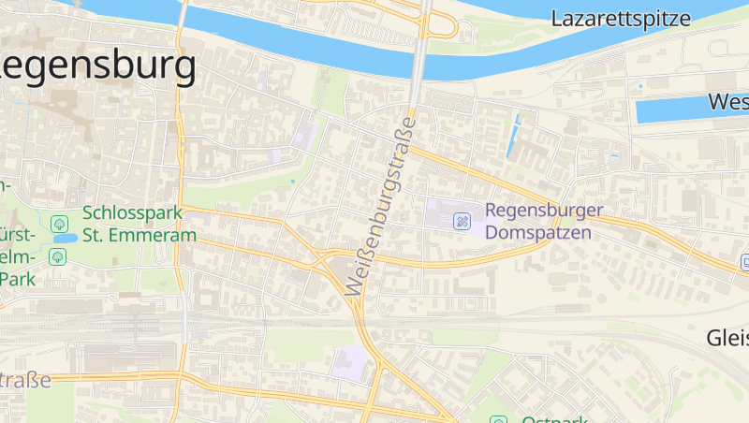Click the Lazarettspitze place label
pos(621,18)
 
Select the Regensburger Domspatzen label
pos(544,221)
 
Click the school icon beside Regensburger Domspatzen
pos(462,221)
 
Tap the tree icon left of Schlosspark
pos(60,223)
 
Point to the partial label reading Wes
pos(728,101)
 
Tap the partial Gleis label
pos(727,337)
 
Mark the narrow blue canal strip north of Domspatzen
pos(513,136)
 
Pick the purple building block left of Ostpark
pos(350,359)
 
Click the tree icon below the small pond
pos(58,255)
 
